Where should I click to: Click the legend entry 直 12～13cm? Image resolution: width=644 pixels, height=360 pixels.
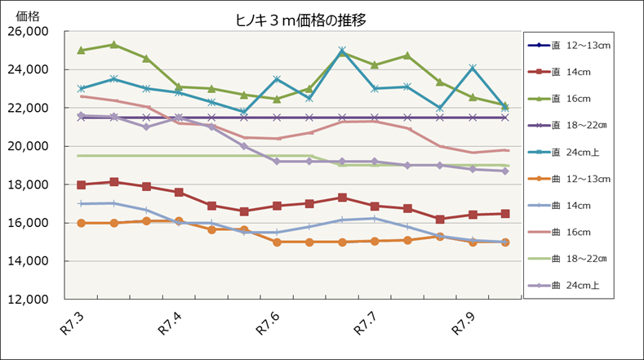click(581, 45)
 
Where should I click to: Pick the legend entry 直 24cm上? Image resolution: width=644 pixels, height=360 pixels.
click(581, 152)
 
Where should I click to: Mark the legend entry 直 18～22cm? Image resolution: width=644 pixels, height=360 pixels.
click(581, 125)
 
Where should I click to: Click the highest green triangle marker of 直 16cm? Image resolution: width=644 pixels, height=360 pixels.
click(113, 45)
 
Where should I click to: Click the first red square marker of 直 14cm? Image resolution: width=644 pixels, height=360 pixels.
click(81, 184)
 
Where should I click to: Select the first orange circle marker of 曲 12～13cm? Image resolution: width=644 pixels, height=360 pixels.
click(81, 223)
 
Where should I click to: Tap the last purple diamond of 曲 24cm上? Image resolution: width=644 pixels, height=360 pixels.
click(505, 171)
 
